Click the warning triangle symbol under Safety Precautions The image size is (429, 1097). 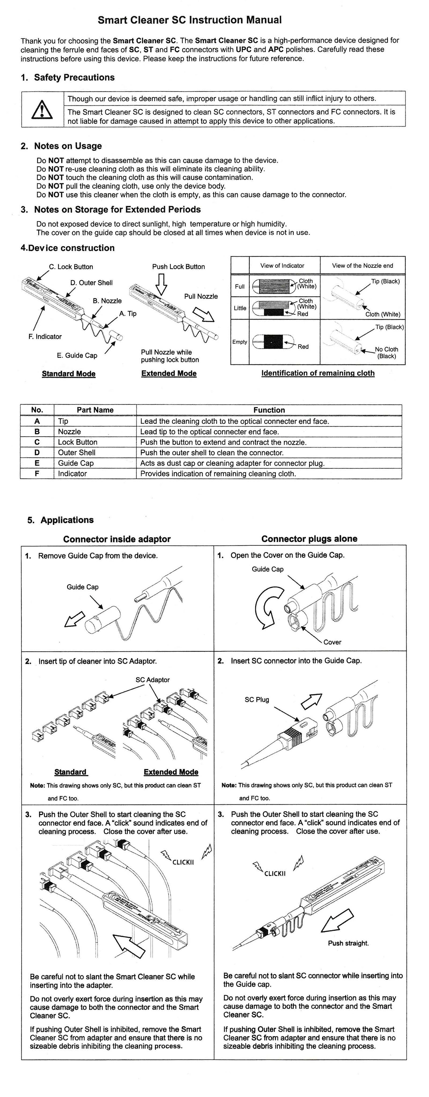42,110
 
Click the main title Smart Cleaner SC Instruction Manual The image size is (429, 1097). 190,20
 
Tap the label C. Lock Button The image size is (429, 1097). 71,267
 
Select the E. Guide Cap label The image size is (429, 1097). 77,356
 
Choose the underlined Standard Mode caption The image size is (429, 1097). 69,374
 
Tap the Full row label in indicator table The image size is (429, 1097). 240,287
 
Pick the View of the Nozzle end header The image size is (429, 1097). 363,266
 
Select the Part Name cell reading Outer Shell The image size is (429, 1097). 77,453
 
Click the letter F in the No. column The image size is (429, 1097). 37,474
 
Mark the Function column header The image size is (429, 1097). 269,410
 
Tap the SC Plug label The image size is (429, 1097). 257,700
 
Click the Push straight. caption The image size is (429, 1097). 348,943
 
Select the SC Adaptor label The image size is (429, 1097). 153,680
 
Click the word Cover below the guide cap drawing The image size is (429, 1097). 332,642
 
